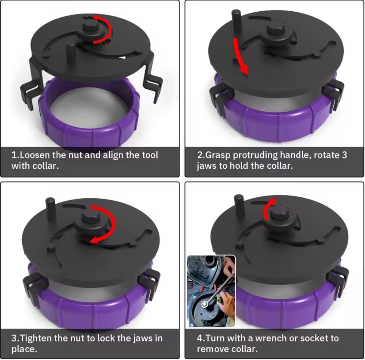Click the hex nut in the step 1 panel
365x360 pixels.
(x=88, y=29)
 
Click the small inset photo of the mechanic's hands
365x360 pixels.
(x=211, y=291)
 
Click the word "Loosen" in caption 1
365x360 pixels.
(x=32, y=155)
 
